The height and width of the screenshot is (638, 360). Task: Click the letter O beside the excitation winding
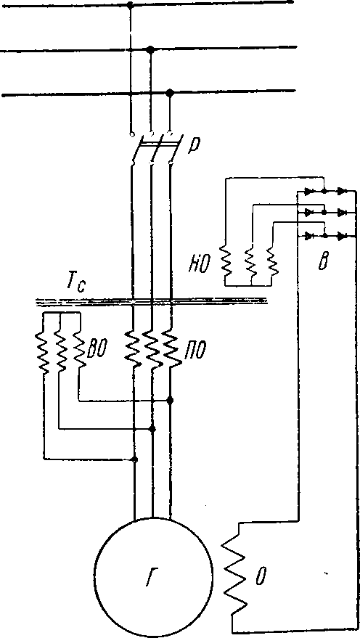258,578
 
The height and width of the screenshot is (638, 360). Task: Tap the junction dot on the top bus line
130,4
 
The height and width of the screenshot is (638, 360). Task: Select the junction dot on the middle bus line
150,49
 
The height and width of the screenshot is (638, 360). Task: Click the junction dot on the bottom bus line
170,93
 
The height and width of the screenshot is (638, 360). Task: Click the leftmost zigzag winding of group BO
44,352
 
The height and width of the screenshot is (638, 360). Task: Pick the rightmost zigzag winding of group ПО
171,348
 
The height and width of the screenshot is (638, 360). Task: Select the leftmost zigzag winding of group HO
226,261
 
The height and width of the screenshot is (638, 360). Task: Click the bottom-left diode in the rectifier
308,236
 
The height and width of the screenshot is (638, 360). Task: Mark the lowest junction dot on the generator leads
135,459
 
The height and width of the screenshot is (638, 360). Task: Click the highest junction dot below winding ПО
171,401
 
